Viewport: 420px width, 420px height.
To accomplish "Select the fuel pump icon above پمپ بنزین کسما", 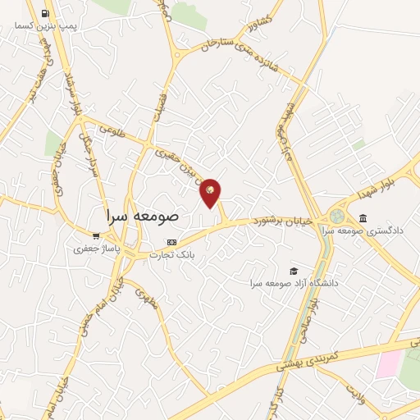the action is [44, 14].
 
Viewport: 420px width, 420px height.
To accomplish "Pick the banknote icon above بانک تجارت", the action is [171, 242].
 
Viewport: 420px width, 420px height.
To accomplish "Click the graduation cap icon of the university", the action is [294, 271].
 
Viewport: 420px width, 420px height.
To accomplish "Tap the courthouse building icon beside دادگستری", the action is [363, 217].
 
